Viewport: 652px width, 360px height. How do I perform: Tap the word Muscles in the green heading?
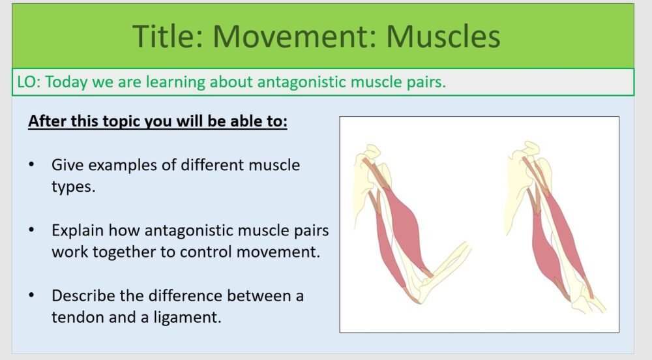tap(443, 36)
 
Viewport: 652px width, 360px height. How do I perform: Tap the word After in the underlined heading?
tap(47, 121)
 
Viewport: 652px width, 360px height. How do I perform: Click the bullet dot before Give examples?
tap(32, 164)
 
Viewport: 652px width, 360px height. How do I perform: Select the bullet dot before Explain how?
tap(32, 230)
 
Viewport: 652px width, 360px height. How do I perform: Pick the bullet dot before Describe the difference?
tap(32, 295)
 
